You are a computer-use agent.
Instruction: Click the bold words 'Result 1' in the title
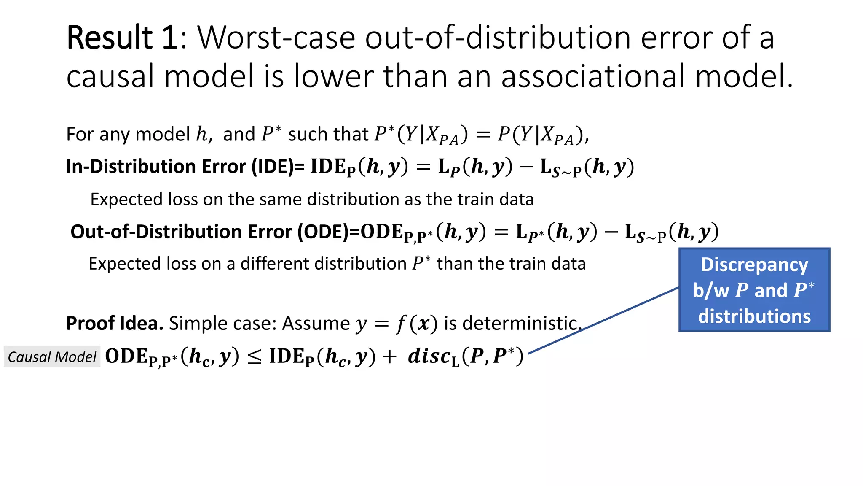pyautogui.click(x=122, y=38)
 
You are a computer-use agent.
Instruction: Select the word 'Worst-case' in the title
pyautogui.click(x=276, y=38)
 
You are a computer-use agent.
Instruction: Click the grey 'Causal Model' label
pyautogui.click(x=52, y=357)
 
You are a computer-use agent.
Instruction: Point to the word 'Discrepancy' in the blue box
pyautogui.click(x=754, y=265)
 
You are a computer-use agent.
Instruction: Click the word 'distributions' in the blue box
pyautogui.click(x=754, y=316)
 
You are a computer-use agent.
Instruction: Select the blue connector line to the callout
pyautogui.click(x=603, y=321)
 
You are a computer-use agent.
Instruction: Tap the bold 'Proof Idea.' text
pyautogui.click(x=115, y=324)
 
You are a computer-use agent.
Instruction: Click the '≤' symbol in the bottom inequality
pyautogui.click(x=254, y=357)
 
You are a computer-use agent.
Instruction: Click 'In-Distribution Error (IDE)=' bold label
pyautogui.click(x=185, y=167)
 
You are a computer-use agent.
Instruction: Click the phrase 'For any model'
pyautogui.click(x=128, y=135)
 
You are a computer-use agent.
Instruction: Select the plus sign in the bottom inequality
pyautogui.click(x=390, y=357)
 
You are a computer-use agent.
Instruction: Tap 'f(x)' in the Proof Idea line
pyautogui.click(x=417, y=324)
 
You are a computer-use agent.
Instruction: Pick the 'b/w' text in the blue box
pyautogui.click(x=711, y=291)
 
